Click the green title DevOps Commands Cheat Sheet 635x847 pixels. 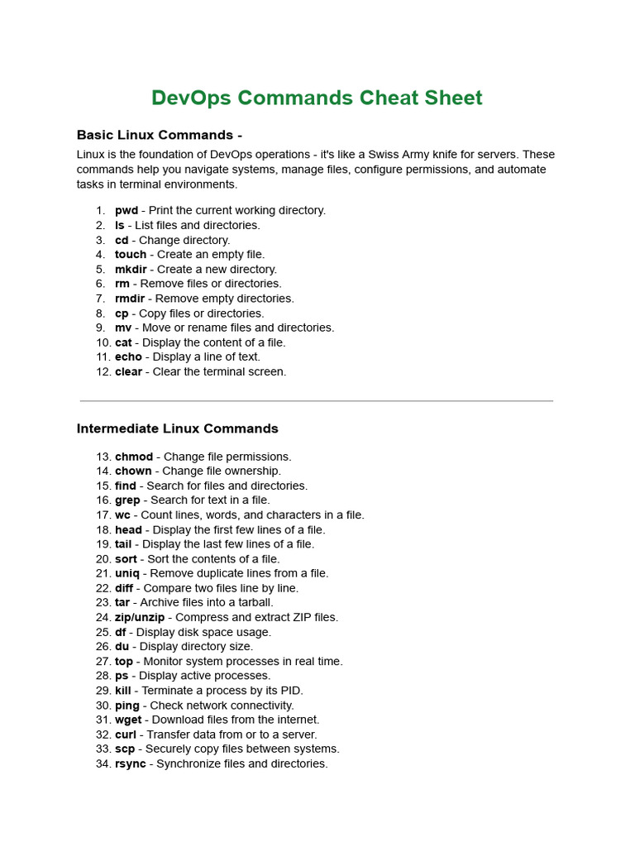317,98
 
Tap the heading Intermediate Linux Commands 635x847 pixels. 177,428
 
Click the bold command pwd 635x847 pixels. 127,211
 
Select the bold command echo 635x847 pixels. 128,357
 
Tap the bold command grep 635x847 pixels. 127,500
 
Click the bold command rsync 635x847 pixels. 130,764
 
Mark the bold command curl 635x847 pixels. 126,735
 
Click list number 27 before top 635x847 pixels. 103,662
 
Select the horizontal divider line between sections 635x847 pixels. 317,401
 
